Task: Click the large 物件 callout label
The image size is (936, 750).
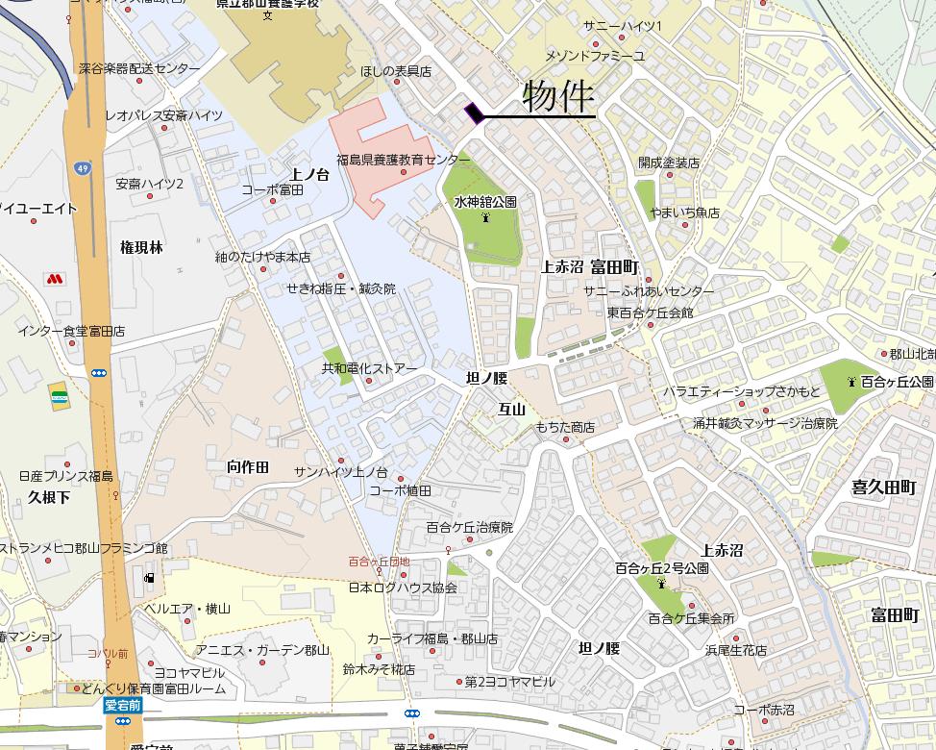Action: point(558,97)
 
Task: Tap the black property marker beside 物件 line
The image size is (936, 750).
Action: point(473,113)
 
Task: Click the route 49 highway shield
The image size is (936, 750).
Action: point(84,168)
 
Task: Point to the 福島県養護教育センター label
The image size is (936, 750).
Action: point(403,160)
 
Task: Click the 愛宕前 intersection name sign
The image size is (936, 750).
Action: point(123,705)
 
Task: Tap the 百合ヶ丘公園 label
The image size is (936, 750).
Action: point(896,382)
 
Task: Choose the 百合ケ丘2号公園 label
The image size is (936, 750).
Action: point(662,568)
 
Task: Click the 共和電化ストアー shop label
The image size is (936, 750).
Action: point(369,368)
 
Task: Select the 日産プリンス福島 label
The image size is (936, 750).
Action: point(65,476)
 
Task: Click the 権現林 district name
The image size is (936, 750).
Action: point(141,247)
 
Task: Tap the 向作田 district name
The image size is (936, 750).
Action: point(248,466)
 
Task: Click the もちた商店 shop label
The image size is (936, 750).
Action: point(565,427)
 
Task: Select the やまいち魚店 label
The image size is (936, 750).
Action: point(684,212)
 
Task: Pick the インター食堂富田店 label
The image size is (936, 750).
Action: point(71,331)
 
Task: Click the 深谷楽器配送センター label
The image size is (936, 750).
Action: point(139,69)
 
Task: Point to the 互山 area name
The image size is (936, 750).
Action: point(511,409)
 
